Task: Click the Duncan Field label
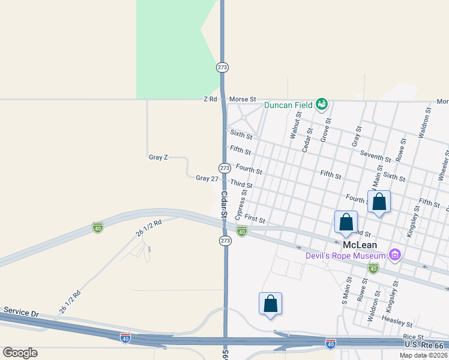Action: coord(288,105)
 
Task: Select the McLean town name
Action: coord(358,245)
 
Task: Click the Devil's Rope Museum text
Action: coord(344,256)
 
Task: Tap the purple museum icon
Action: coord(394,256)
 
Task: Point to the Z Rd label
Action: coord(210,98)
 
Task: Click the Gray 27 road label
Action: coord(206,178)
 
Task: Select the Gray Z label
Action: coord(158,157)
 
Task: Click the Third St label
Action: coord(241,183)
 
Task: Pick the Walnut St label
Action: coord(294,128)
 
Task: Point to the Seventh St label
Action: coord(376,155)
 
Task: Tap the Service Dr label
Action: coord(21,313)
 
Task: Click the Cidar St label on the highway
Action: coord(224,205)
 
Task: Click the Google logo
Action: coord(20,353)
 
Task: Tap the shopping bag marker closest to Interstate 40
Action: coord(270,304)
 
